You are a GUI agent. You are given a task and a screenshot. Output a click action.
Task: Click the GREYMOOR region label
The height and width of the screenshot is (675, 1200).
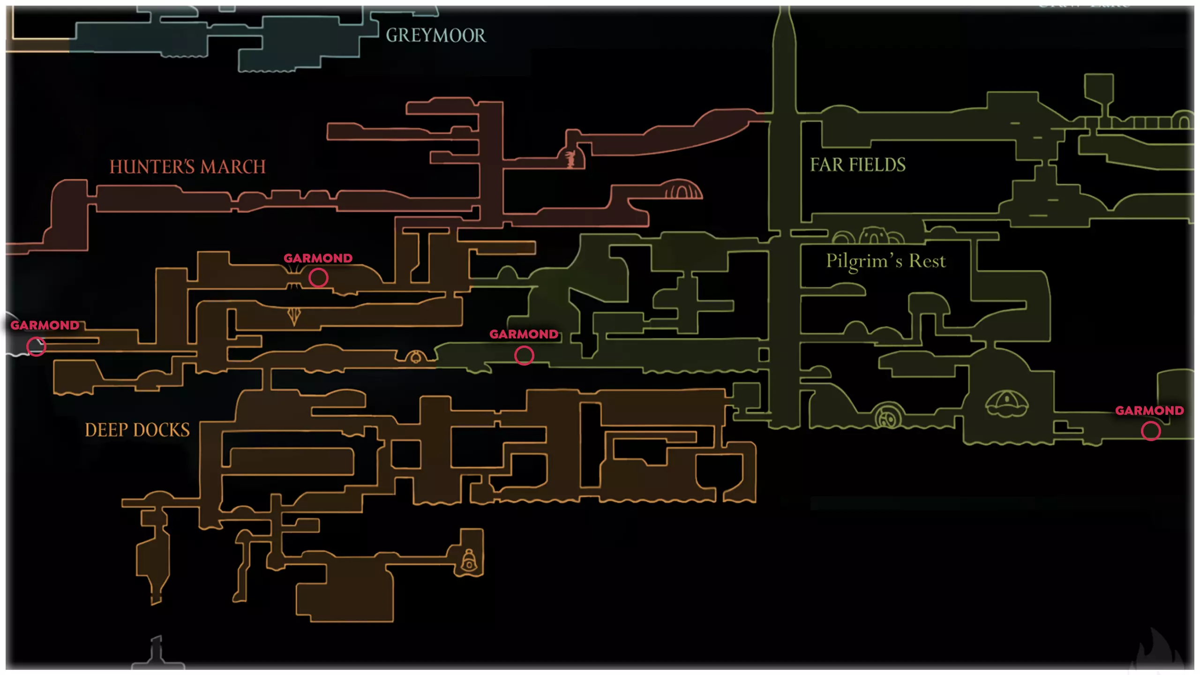click(435, 36)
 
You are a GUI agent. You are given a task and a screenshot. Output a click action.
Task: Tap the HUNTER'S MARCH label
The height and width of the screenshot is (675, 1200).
click(187, 167)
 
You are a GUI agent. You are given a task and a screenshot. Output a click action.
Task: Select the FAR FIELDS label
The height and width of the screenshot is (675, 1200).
click(858, 165)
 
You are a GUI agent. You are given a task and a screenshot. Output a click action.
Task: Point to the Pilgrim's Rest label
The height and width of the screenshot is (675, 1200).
click(885, 261)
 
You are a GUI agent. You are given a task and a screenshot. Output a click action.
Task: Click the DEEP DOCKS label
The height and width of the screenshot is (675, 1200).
click(137, 430)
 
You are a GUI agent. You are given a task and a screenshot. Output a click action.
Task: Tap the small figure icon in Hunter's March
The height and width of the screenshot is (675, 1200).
click(570, 159)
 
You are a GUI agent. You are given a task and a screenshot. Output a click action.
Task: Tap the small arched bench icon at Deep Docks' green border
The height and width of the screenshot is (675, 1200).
click(415, 357)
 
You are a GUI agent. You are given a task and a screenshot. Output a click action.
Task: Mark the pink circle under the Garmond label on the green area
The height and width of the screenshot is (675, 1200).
click(524, 356)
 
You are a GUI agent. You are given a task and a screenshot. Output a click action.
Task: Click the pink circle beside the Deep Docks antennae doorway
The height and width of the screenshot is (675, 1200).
click(318, 278)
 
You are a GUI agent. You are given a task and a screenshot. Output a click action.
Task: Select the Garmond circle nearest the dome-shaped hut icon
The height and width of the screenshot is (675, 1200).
click(1151, 431)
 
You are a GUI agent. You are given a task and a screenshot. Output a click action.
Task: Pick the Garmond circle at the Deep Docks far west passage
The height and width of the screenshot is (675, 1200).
click(36, 347)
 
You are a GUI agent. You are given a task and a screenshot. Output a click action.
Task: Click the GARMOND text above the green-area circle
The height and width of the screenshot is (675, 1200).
click(524, 334)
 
